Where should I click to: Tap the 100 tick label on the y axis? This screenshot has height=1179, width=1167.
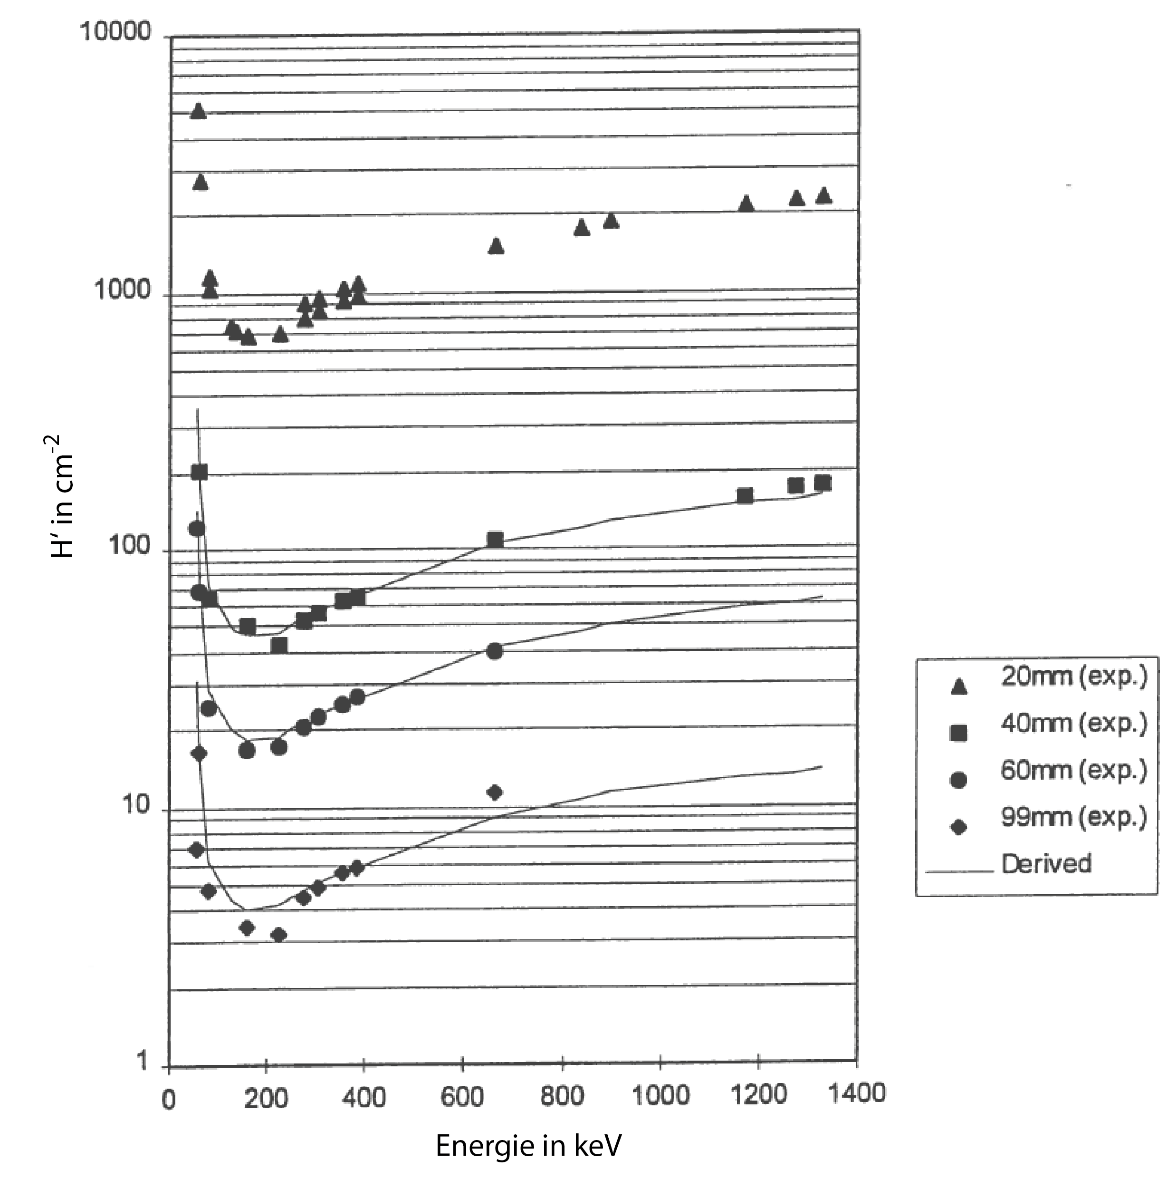pyautogui.click(x=129, y=546)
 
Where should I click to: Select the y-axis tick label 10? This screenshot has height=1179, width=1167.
pyautogui.click(x=136, y=805)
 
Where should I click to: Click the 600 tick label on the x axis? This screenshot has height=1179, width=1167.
pyautogui.click(x=462, y=1098)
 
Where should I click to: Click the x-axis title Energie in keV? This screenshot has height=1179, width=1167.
pyautogui.click(x=528, y=1145)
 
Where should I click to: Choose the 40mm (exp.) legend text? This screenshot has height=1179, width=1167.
pyautogui.click(x=1074, y=724)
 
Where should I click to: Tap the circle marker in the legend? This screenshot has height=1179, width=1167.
pyautogui.click(x=959, y=780)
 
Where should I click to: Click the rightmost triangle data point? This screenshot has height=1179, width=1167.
pyautogui.click(x=823, y=196)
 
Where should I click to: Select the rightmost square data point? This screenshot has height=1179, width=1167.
pyautogui.click(x=823, y=483)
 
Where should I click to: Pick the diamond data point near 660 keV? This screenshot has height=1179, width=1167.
pyautogui.click(x=495, y=792)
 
